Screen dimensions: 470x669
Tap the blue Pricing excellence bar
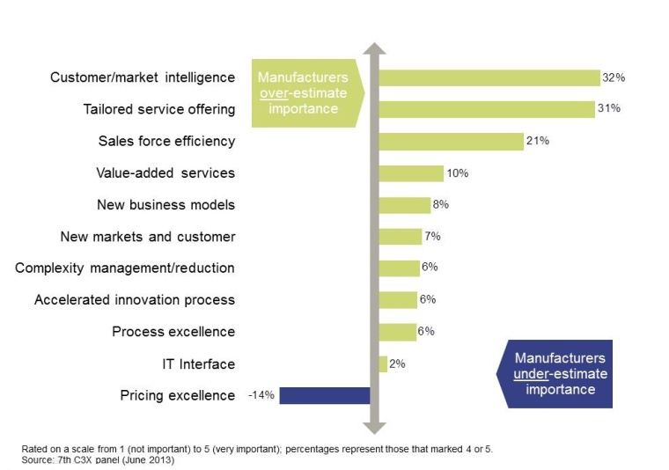[x=324, y=395]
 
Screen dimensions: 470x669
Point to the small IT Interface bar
[x=383, y=364]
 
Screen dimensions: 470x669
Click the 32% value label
[x=614, y=77]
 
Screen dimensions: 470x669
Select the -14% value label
[x=261, y=395]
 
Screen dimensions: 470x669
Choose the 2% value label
[x=397, y=364]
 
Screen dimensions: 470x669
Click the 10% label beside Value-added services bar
[x=457, y=173]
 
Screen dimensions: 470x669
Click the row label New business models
[x=165, y=205]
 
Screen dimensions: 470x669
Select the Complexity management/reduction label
[x=125, y=268]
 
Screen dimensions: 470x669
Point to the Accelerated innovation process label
[x=135, y=300]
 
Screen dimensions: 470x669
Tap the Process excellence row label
[x=173, y=332]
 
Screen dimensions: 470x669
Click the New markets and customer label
[x=147, y=237]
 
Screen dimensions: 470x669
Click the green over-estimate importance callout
[x=304, y=93]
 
